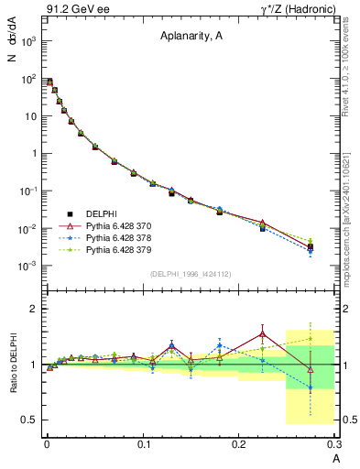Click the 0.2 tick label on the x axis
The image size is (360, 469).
pos(239,443)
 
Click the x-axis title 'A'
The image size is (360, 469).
pos(336,457)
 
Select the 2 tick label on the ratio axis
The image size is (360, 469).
pos(35,310)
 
